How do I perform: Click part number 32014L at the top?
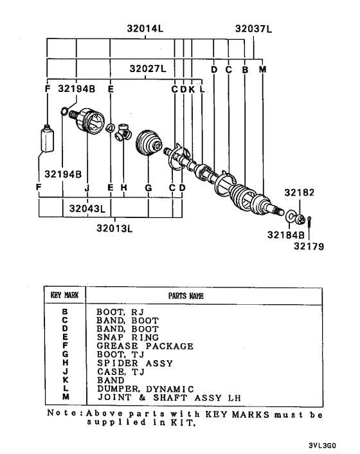coord(145,29)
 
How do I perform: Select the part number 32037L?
coord(253,29)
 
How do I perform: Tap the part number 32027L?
coord(148,69)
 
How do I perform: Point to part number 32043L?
coord(87,208)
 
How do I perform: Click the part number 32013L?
coord(114,228)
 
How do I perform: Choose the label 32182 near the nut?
coord(299,192)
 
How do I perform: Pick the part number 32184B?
coord(285,235)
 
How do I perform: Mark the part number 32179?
coord(309,246)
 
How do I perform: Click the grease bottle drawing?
coord(47,138)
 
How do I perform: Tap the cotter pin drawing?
coord(309,222)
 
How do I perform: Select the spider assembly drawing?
coord(123,133)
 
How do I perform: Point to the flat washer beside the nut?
coord(291,216)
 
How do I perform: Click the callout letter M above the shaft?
coord(262,69)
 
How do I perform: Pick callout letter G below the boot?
coord(148,188)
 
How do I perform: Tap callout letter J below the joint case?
coord(87,188)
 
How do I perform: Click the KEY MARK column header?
coord(64,295)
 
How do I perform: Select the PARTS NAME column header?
coord(186,296)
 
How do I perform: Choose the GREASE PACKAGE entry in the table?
coord(145,346)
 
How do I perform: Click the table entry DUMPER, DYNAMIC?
coord(145,389)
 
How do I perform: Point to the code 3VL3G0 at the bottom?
coord(322,445)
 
